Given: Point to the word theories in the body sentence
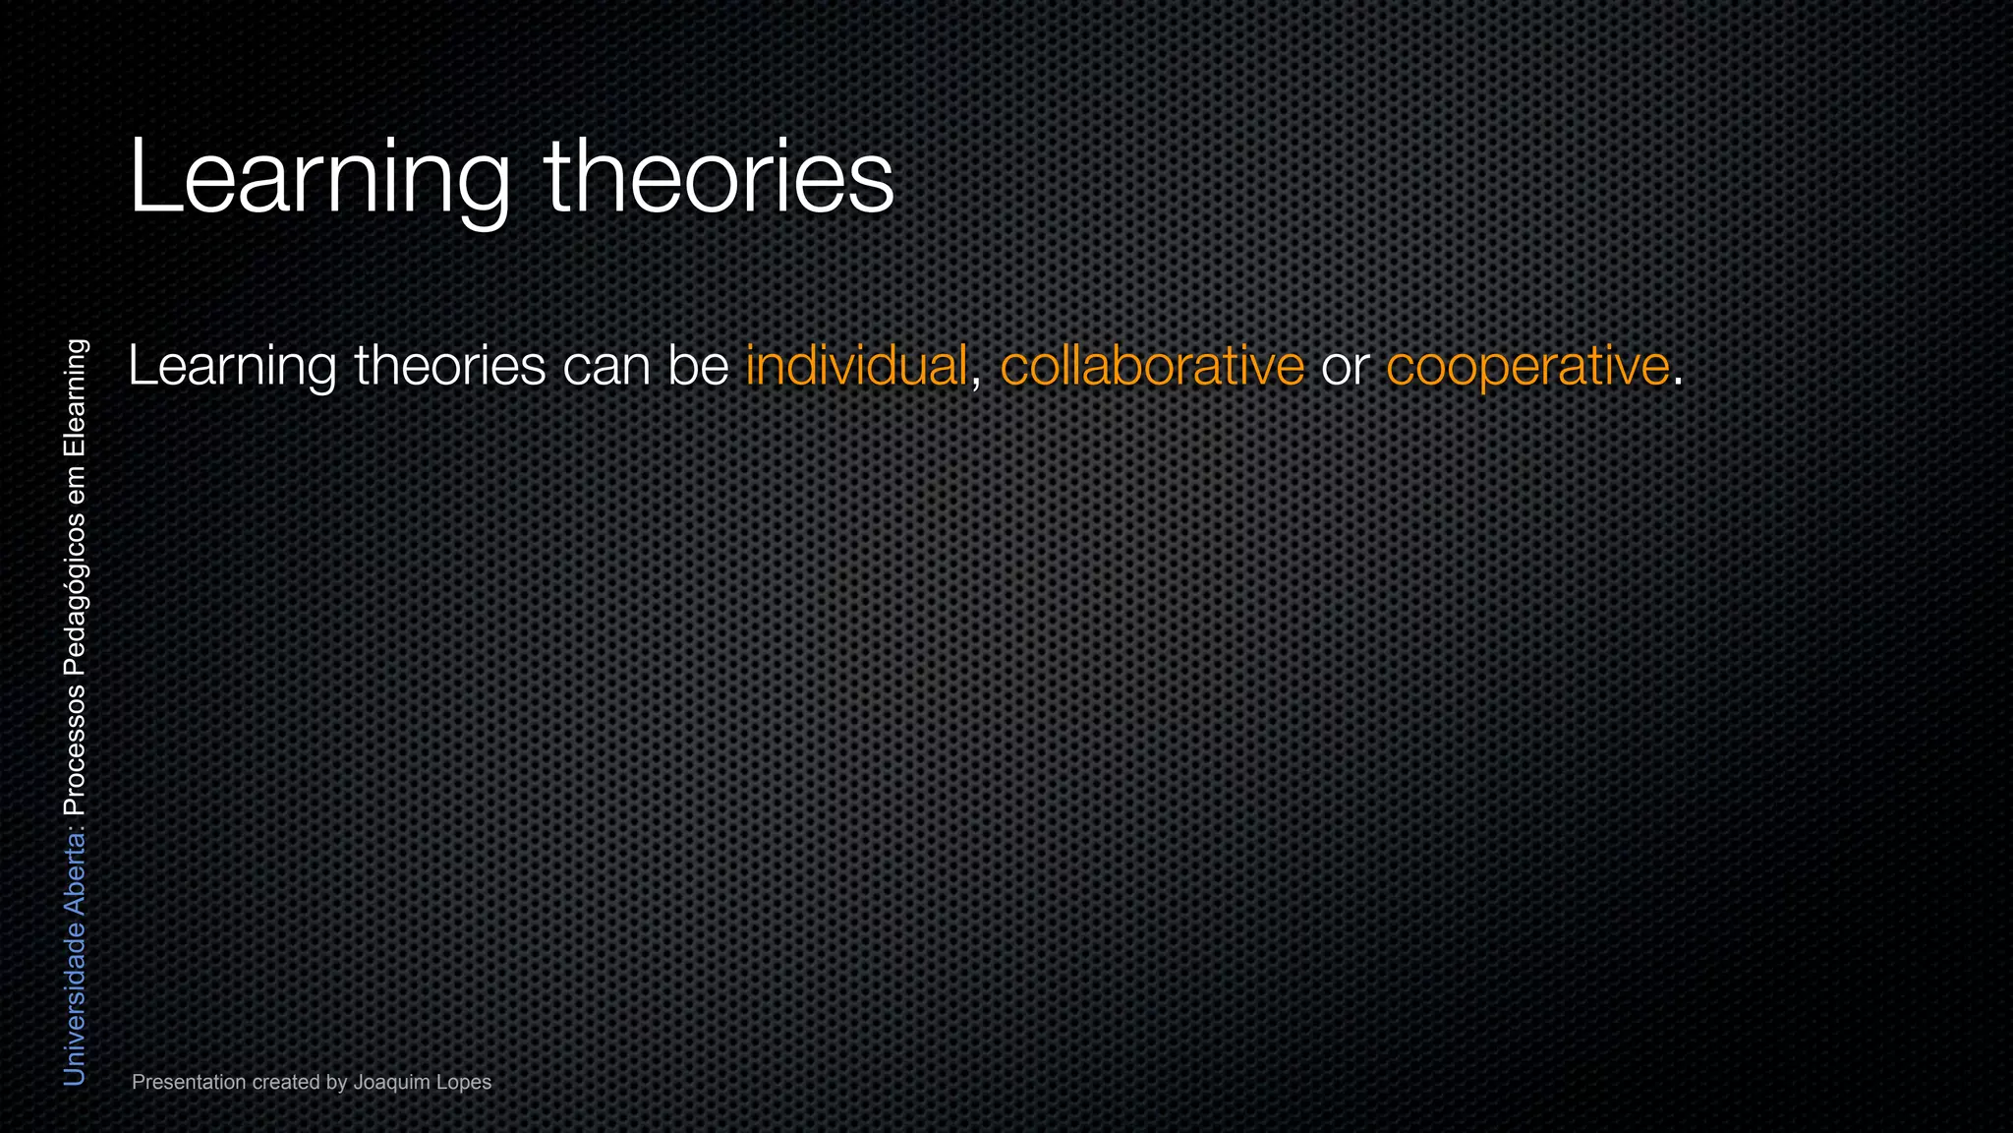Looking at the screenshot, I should (x=450, y=366).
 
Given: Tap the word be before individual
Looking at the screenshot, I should (x=698, y=366).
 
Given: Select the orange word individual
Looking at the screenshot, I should (x=856, y=366).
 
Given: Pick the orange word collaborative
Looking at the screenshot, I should (x=1152, y=366).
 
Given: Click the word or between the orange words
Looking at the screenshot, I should (x=1346, y=366).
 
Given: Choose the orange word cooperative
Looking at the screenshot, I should (x=1527, y=366).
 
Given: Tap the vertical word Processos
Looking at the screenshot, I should (x=75, y=750).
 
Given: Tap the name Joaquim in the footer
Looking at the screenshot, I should (x=391, y=1082).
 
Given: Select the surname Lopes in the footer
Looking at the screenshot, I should (x=464, y=1082).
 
